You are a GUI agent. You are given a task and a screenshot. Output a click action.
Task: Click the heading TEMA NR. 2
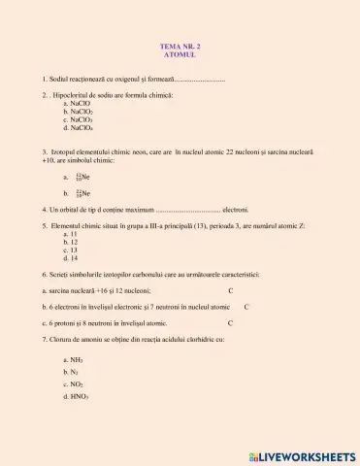(x=180, y=47)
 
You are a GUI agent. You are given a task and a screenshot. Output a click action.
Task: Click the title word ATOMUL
(x=180, y=54)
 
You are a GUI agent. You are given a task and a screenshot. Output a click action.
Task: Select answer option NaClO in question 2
(x=80, y=104)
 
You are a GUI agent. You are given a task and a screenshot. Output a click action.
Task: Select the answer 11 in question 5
(x=71, y=234)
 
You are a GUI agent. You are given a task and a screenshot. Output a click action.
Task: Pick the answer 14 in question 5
(x=71, y=258)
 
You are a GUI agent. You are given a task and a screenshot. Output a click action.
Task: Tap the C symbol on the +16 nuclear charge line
(x=231, y=290)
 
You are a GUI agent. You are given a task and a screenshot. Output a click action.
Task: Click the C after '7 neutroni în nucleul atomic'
(x=246, y=306)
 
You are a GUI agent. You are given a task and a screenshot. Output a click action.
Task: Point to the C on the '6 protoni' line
(x=231, y=322)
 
